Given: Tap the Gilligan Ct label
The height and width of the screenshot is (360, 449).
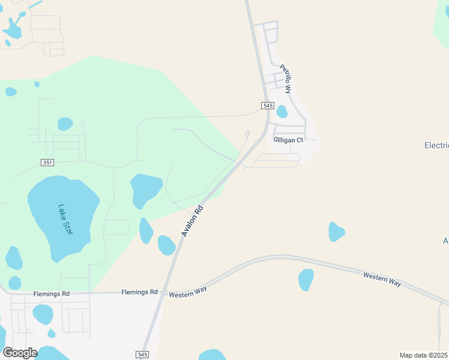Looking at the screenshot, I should pos(289,140).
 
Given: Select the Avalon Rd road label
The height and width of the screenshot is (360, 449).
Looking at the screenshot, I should pos(193,221).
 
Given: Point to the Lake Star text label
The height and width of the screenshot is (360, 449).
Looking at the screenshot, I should pos(65,220).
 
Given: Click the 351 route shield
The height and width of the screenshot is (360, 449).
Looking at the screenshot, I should pos(49,163).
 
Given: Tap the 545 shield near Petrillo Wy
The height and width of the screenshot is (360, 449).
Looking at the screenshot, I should pos(268,106).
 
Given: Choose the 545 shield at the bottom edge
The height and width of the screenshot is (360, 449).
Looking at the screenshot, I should pos(142,354).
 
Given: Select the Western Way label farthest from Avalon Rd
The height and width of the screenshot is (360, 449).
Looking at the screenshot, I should pos(382,278).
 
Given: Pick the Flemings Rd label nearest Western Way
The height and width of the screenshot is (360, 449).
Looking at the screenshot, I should pos(139,292).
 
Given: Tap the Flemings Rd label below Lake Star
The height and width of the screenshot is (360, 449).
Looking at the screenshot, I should pos(52,293).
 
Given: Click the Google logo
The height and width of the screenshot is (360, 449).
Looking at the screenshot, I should pos(20,353).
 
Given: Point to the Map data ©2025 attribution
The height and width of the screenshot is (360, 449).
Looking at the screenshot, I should pos(424,355).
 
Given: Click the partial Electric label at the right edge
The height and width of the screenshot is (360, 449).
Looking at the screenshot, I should pos(436,145).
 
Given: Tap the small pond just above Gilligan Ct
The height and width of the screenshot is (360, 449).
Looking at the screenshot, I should pos(282,112).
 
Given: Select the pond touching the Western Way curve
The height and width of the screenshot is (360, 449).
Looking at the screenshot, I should pos(306,279).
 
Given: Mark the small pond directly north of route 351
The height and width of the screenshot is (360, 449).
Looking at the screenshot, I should pos(65,124).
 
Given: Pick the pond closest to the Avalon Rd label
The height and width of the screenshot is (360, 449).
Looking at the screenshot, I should pos(166,245).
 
